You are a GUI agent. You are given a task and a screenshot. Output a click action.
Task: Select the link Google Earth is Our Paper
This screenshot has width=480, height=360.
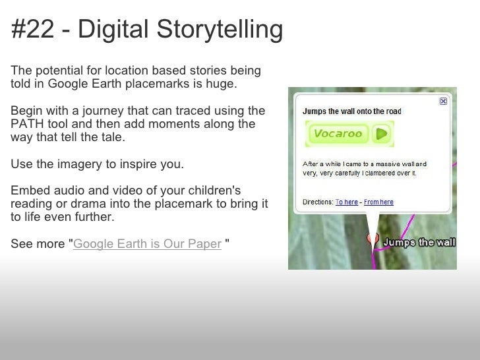[147, 244]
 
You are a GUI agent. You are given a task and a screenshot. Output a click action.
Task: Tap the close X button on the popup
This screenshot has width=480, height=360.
[443, 102]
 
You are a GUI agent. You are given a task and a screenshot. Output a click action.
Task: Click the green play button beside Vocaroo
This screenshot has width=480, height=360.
[380, 135]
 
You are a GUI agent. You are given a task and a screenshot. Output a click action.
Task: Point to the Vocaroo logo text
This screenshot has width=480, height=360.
[338, 135]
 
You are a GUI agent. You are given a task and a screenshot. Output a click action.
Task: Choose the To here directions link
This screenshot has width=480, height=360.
[347, 202]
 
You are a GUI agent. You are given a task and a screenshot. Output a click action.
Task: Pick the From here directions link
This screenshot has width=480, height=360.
[378, 202]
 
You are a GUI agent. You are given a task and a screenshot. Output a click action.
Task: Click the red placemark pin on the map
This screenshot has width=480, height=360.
[373, 239]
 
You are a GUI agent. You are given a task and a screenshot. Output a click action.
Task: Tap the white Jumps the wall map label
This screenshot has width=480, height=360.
[419, 243]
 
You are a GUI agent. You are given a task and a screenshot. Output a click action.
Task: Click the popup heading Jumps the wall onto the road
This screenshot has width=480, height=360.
[351, 111]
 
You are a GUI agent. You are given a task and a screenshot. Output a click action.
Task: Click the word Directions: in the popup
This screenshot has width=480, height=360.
[317, 202]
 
